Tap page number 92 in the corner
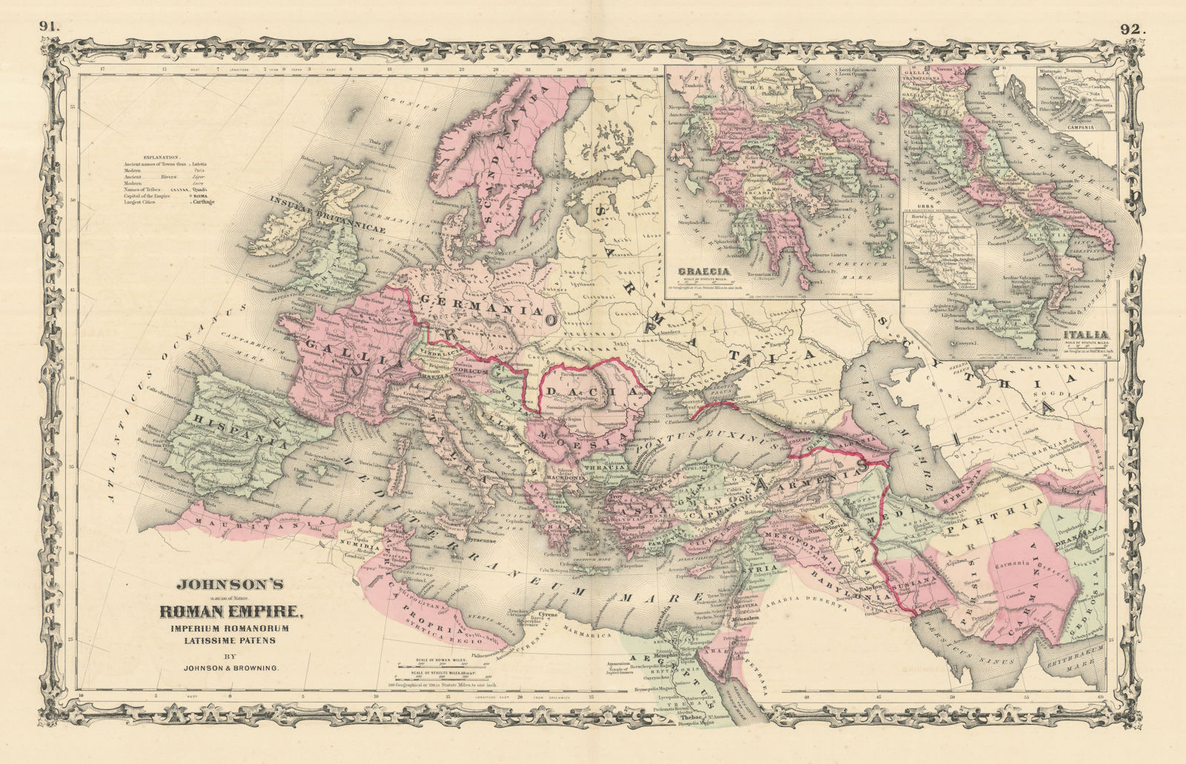click(1133, 9)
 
